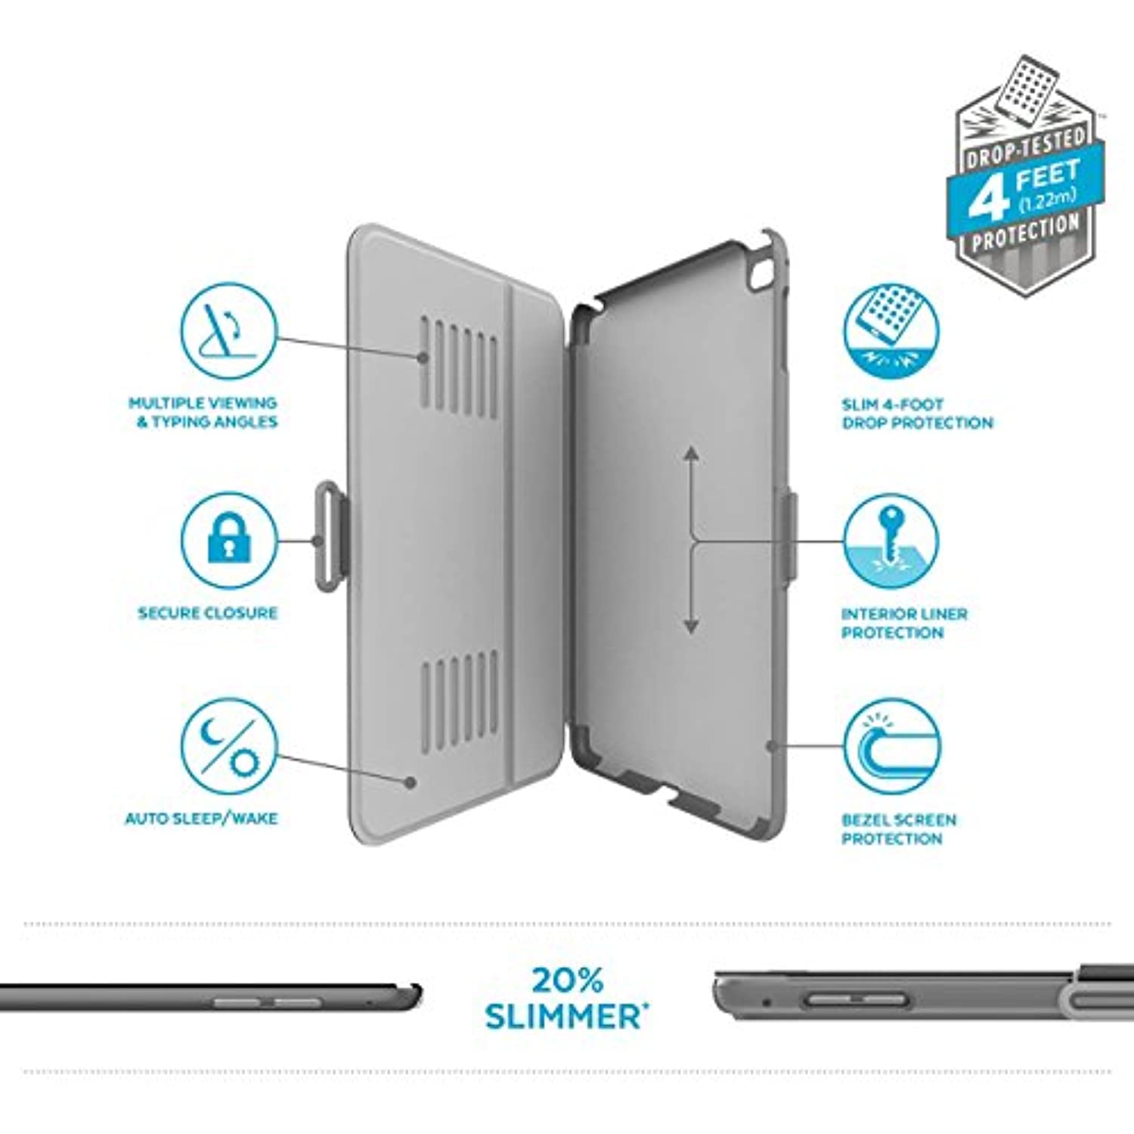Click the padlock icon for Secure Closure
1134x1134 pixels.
pos(228,540)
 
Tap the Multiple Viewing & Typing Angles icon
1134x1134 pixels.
pos(228,330)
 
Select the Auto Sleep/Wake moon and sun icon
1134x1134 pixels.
pos(228,746)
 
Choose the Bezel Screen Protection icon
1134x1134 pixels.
pos(892,746)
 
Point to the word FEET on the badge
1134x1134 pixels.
pos(1047,177)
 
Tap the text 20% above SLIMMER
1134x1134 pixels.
pos(568,981)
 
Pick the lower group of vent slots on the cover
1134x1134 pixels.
pos(460,703)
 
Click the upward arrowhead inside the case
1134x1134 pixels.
pos(691,455)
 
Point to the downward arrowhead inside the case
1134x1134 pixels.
pos(691,625)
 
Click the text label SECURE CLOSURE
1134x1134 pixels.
pos(208,613)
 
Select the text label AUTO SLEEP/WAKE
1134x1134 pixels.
pos(202,819)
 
